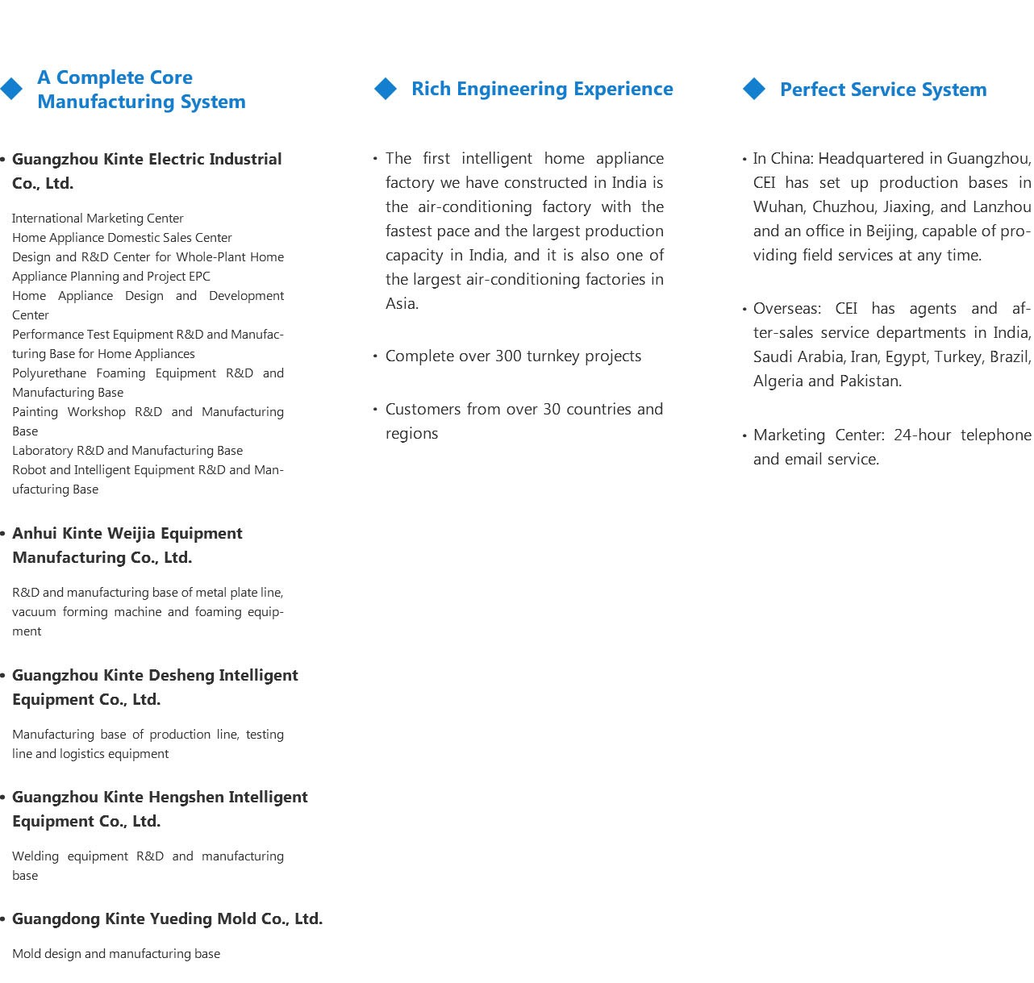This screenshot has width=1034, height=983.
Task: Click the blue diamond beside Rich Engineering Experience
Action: [x=386, y=89]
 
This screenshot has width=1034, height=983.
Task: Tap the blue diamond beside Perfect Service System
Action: [x=754, y=89]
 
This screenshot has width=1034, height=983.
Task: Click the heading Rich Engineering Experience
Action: [x=542, y=89]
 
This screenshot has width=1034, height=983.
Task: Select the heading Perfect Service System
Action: [x=883, y=90]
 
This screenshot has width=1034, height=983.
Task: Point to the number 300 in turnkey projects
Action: [x=508, y=356]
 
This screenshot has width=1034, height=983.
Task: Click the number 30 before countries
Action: [x=552, y=410]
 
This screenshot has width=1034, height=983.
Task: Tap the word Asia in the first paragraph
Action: [x=400, y=304]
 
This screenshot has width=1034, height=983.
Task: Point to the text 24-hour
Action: [x=922, y=435]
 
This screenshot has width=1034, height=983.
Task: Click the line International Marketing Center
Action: [x=98, y=219]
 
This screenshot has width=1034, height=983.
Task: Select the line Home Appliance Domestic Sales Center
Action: [x=122, y=238]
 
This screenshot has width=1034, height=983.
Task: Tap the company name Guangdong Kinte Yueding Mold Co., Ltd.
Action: [x=167, y=919]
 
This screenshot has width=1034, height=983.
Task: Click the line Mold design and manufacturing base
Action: [x=116, y=954]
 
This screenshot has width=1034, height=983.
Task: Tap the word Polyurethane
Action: [x=50, y=373]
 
